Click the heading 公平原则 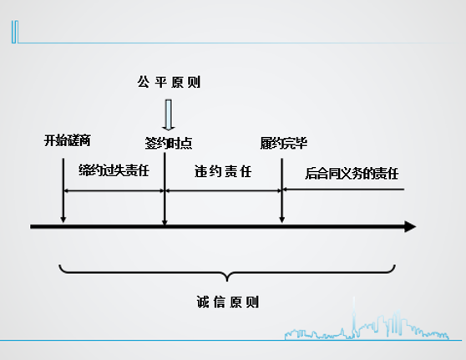coord(169,82)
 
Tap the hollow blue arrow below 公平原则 coord(169,115)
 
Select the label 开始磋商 coord(68,140)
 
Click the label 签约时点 coord(169,144)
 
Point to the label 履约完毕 coord(283,144)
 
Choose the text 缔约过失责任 coord(114,170)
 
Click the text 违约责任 coord(223,171)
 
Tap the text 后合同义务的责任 coord(352,173)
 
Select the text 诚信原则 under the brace coord(228,302)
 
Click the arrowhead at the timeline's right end coord(410,226)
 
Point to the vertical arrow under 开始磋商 coord(63,190)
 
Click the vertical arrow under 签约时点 coord(165,189)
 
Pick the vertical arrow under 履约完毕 coord(281,190)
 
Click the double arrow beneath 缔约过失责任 coord(114,190)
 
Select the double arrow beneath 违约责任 coord(223,190)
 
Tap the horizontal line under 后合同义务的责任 coord(343,189)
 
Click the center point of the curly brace coord(227,280)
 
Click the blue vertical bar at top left coord(15,32)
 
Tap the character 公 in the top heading coord(143,82)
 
